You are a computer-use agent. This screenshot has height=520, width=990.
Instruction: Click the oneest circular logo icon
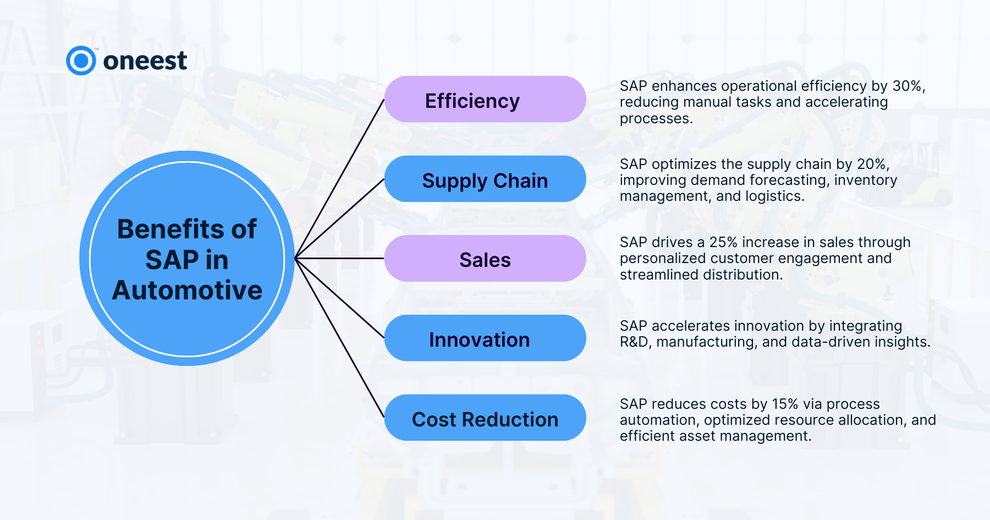[81, 61]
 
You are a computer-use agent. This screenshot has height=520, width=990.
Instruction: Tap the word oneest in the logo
[145, 61]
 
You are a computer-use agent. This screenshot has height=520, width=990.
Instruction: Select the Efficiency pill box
[485, 99]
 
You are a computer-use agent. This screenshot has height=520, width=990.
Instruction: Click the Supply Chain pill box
[485, 179]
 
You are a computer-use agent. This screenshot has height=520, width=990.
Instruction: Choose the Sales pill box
[485, 259]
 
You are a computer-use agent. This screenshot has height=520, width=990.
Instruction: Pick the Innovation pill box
[485, 338]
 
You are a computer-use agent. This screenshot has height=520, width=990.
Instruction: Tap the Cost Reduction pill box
[485, 418]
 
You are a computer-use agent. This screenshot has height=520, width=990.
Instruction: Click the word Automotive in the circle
[187, 290]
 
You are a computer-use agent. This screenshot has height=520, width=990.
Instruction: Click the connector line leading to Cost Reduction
[340, 338]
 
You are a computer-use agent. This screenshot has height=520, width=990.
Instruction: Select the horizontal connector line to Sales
[340, 258]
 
